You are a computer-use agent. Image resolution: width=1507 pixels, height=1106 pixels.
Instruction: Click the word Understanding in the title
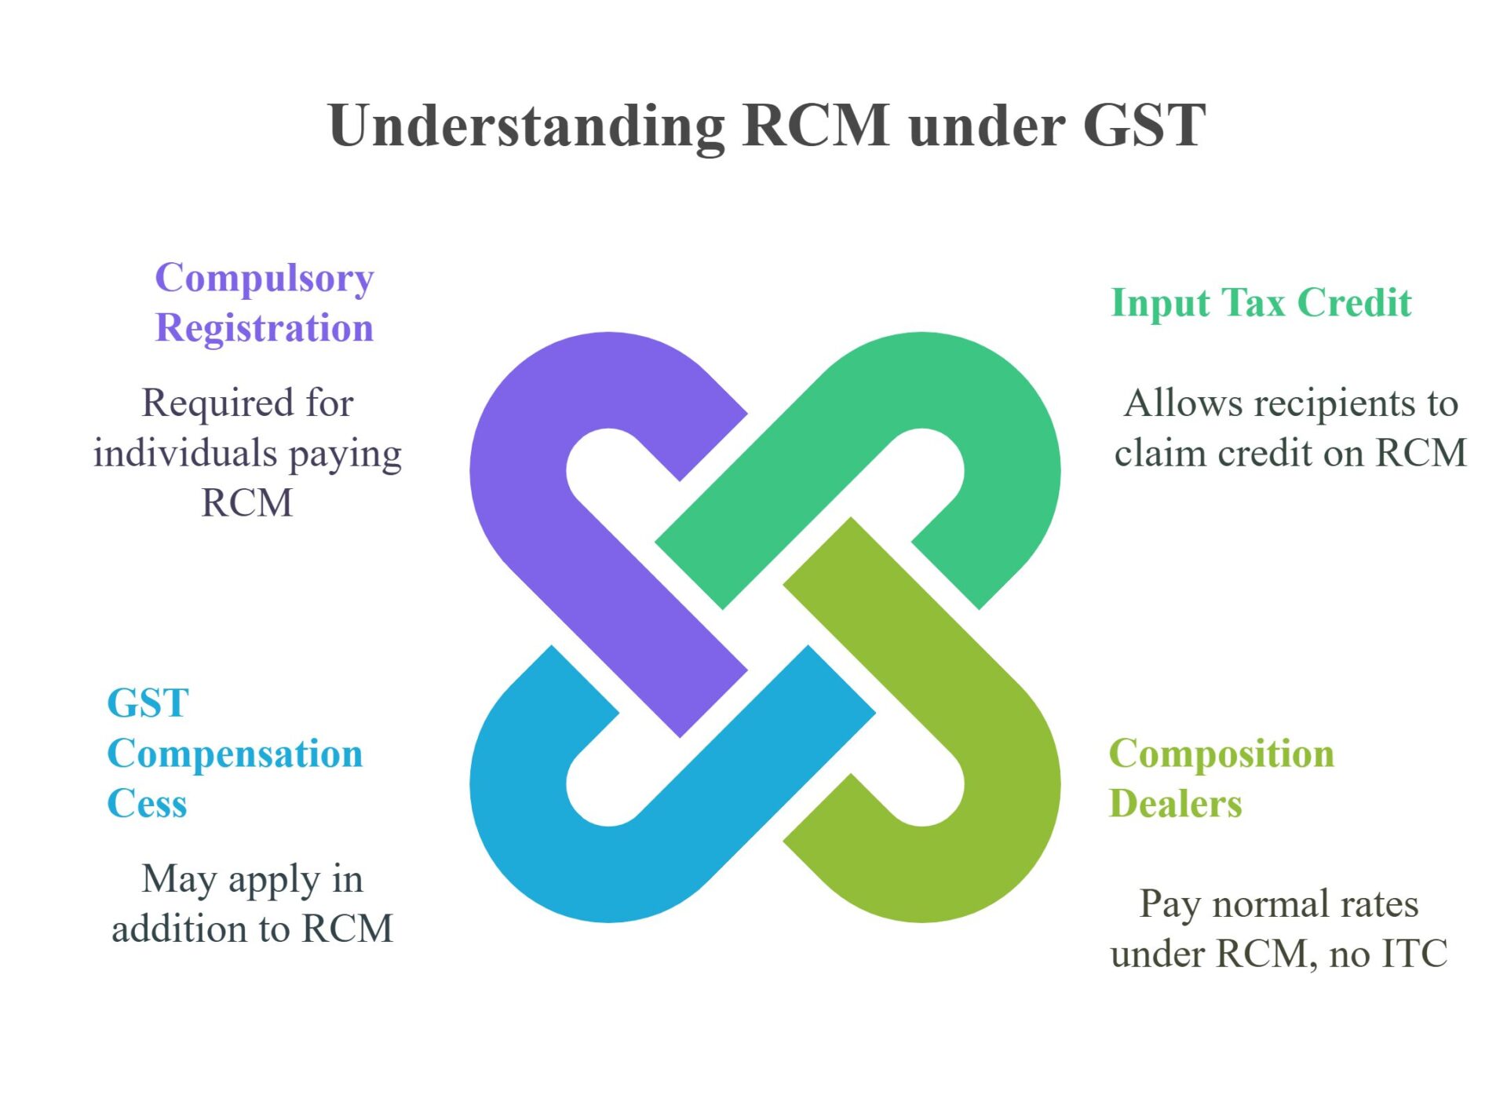click(x=526, y=126)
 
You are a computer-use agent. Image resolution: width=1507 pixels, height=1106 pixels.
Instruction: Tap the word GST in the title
click(x=1144, y=126)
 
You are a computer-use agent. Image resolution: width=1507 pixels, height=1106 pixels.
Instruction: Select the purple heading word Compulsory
click(x=265, y=279)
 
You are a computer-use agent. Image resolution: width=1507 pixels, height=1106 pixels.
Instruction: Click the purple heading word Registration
click(x=265, y=328)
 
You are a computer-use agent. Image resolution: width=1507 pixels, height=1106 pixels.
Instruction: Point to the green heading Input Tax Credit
click(x=1261, y=303)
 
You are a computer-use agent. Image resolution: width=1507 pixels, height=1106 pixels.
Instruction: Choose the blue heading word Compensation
click(x=235, y=754)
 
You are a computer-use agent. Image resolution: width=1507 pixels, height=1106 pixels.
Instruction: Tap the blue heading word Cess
click(x=147, y=804)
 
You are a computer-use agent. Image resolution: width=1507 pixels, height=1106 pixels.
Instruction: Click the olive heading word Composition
click(x=1221, y=754)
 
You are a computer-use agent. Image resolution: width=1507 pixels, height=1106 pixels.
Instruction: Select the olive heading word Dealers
click(x=1175, y=804)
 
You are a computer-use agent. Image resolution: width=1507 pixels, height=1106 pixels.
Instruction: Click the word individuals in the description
click(x=185, y=453)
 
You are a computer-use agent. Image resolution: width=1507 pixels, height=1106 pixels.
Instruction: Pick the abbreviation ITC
click(x=1414, y=954)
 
